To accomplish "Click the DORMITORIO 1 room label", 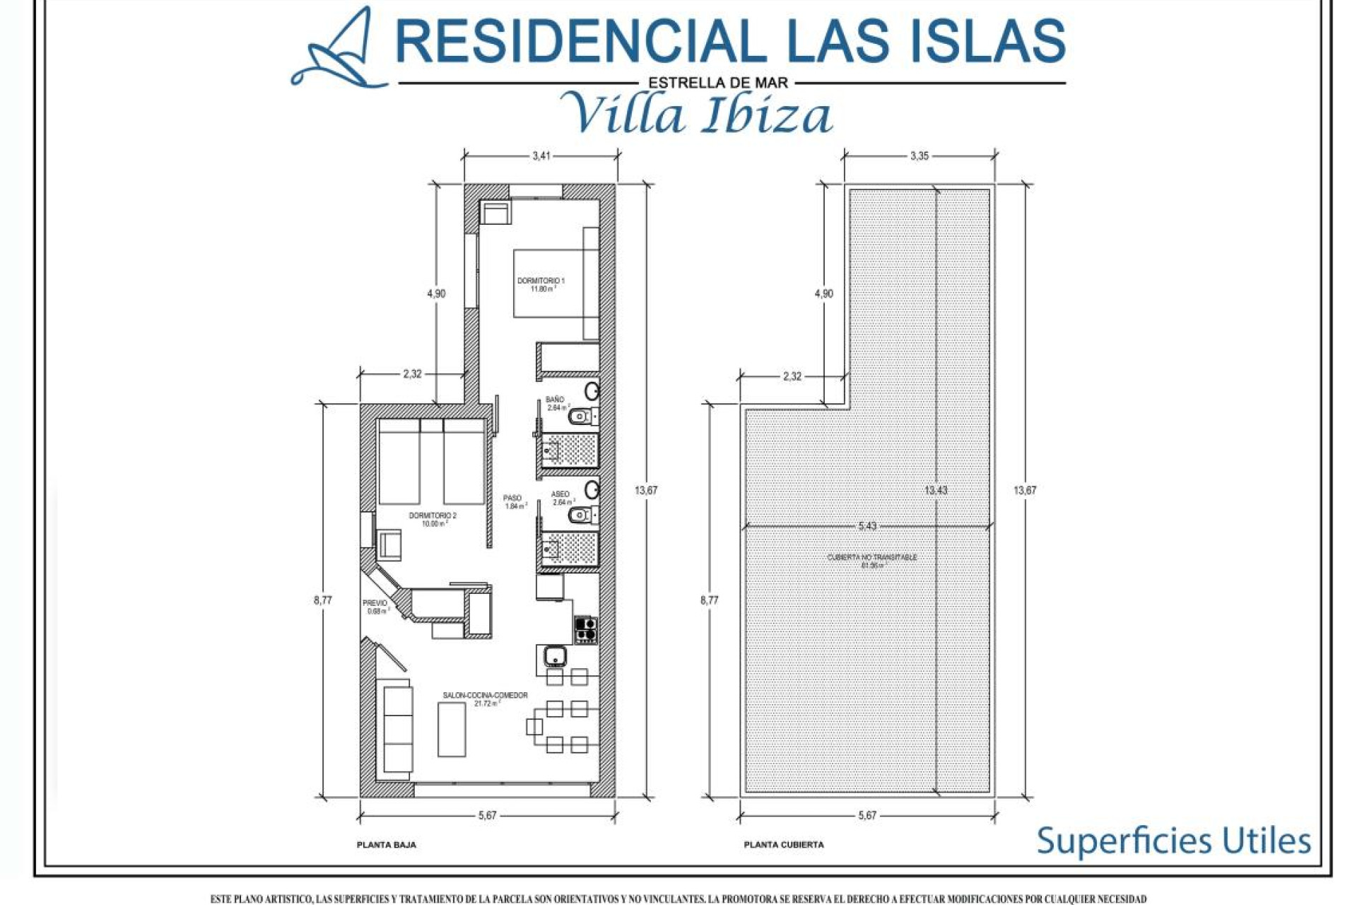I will (541, 281).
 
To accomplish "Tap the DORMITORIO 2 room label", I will (433, 516).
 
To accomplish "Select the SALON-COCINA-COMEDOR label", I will (485, 696).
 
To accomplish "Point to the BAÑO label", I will (555, 400).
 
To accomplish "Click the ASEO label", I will (560, 494).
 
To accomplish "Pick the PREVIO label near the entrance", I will (375, 603).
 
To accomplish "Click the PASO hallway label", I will (512, 498).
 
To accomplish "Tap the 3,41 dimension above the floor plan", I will (541, 156).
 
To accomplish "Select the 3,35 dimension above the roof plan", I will (919, 156).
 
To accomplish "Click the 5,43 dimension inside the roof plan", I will (867, 526).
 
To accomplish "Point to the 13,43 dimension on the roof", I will (936, 490).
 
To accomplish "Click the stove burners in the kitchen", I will (585, 629).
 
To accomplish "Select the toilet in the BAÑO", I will (581, 416).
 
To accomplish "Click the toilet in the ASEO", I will (581, 515).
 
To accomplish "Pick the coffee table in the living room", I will (452, 730).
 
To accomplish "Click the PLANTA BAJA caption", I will (386, 845).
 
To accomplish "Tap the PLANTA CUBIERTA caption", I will (783, 845).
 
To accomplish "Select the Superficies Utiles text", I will (1173, 841).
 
